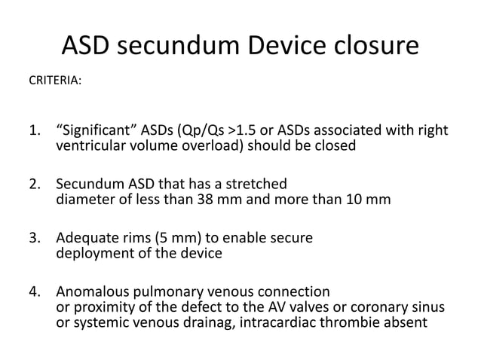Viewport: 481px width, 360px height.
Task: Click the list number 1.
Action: (x=35, y=133)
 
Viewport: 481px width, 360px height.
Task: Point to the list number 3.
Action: (x=35, y=239)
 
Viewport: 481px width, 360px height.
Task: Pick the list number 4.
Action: (x=35, y=292)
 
